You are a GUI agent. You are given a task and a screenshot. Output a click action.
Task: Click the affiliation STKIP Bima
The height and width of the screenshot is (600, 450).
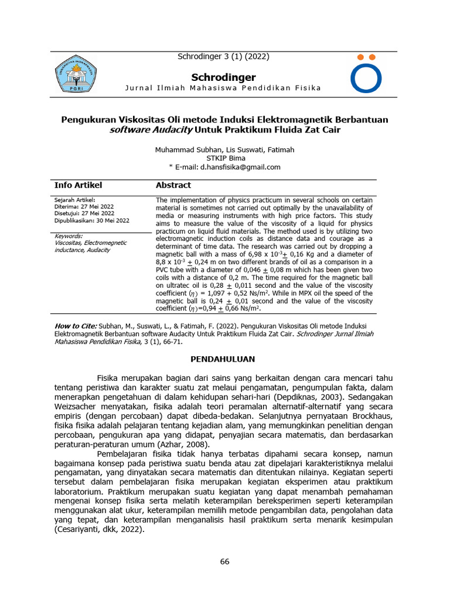coord(225,158)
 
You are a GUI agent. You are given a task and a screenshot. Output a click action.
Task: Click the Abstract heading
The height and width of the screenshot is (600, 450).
coord(173,185)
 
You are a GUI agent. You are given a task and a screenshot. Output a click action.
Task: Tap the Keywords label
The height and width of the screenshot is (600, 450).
coord(68,236)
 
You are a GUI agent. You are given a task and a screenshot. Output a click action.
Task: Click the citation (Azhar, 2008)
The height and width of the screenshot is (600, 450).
coord(183,445)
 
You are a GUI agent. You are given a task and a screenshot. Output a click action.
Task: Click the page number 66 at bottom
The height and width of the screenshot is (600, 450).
coord(225,561)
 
